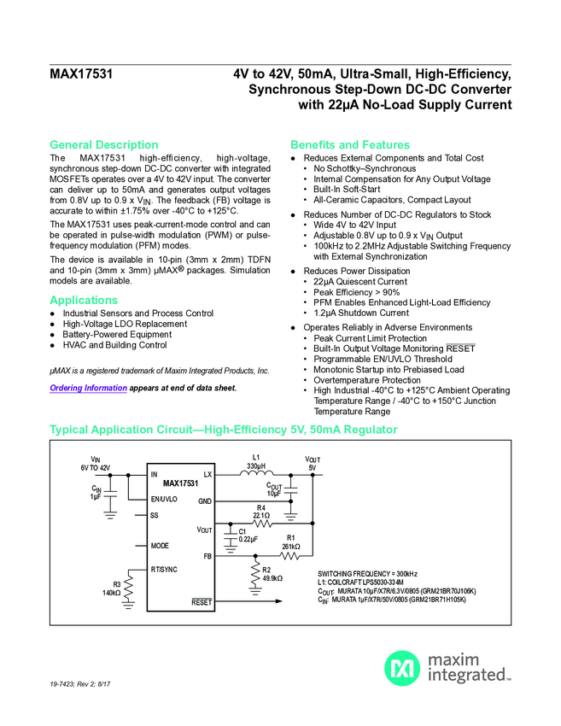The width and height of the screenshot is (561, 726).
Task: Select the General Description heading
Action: tap(103, 144)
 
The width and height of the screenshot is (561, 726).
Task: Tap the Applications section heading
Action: tap(84, 300)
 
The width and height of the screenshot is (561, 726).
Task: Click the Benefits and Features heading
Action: tap(350, 144)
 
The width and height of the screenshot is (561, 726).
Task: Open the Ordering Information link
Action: tap(89, 388)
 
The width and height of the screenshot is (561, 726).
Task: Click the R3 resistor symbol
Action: tap(129, 587)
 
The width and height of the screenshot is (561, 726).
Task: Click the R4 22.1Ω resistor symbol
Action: tap(262, 523)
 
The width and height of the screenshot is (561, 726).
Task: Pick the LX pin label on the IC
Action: tap(207, 474)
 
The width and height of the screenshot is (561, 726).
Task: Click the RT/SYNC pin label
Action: tap(164, 568)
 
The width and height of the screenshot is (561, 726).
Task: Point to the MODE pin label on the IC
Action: tap(160, 545)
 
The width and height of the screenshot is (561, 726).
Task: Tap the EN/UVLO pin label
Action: tap(164, 499)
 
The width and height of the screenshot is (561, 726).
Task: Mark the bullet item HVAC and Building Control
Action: tap(114, 346)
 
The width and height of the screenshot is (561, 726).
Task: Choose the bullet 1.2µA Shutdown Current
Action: tap(360, 313)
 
